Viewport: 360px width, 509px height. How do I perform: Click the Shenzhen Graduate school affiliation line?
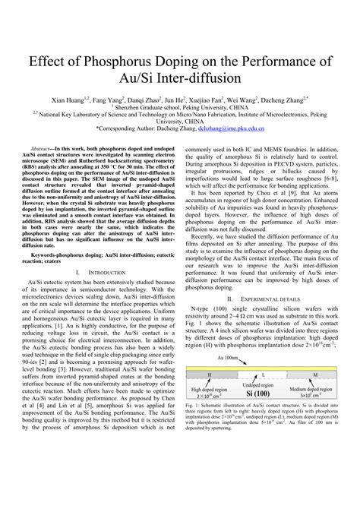pyautogui.click(x=180, y=107)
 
